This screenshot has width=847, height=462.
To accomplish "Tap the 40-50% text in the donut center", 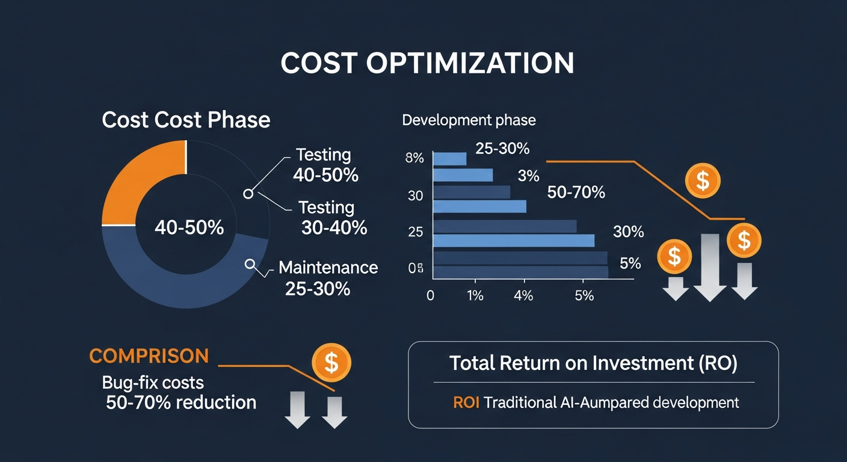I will [x=189, y=227].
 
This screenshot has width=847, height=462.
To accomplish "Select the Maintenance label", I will [x=328, y=267].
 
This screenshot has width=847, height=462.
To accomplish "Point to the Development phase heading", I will [x=469, y=120].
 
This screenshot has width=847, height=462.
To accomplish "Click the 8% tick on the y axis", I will [x=415, y=159].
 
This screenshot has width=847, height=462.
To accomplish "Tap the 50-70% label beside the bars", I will [x=576, y=192].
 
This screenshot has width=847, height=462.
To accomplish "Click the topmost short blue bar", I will [x=450, y=159].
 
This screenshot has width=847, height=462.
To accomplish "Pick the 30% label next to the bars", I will [x=628, y=232].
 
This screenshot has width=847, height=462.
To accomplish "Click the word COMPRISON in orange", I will [x=149, y=356].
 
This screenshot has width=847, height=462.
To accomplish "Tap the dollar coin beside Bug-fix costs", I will [x=331, y=362].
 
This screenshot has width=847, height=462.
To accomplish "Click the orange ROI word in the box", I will [x=466, y=402].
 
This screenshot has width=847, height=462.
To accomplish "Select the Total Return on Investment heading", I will [x=593, y=363].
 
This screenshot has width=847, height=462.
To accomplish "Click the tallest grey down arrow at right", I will [x=710, y=267].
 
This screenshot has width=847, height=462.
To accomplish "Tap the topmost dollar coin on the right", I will [x=702, y=180].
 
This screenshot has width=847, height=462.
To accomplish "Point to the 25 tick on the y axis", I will [x=415, y=232].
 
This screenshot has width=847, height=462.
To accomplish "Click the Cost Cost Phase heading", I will [x=186, y=120].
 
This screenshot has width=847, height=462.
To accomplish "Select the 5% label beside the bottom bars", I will [x=630, y=263].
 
